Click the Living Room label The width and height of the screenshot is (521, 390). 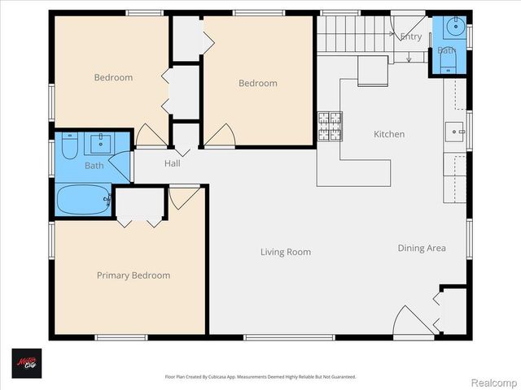(286, 252)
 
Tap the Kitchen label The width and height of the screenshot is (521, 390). (388, 134)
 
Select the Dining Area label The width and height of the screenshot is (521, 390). (422, 248)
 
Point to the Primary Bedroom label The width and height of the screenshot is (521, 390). (134, 275)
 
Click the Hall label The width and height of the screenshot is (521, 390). (172, 163)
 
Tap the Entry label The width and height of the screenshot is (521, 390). (411, 37)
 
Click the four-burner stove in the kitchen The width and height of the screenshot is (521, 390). (329, 126)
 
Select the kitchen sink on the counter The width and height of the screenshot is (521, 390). (453, 129)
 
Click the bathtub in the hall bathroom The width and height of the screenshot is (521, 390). (83, 199)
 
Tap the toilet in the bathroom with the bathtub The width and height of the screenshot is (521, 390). (69, 146)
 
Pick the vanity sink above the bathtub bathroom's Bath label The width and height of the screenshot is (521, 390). (103, 144)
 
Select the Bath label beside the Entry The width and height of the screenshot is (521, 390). (446, 50)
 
